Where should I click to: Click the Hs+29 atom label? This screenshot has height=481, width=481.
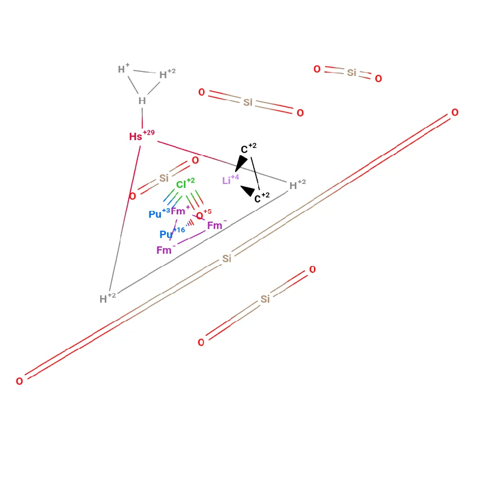coord(142,135)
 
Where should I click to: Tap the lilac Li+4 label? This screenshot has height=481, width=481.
coord(231,180)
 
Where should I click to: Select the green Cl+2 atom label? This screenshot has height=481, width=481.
coord(185,183)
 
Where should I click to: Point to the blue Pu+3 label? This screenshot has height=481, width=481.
coord(159,213)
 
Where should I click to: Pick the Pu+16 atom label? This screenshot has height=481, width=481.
coord(172,233)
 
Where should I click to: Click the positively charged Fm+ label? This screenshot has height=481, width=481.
coord(181,210)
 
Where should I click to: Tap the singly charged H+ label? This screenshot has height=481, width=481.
coord(124,69)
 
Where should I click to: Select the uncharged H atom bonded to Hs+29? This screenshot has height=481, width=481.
coord(142,101)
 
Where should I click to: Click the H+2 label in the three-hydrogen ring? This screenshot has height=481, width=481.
coord(168,74)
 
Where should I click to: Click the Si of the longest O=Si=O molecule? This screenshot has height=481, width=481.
coord(227,259)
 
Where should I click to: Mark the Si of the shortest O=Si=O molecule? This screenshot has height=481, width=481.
coord(352,73)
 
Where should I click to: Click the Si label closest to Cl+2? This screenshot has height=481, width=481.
coord(164,178)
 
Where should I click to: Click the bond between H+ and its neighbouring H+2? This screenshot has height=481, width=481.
coord(145,71)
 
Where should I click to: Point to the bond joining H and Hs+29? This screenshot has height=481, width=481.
coord(142,118)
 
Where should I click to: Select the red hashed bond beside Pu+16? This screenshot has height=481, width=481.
coord(190,223)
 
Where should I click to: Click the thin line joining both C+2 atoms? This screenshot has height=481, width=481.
coord(255,173)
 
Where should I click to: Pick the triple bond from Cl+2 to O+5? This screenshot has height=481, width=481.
coord(195,200)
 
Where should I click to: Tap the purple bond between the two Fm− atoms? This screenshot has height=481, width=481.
coord(191,237)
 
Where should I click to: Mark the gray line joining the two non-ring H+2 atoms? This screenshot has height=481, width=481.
coord(203,242)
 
